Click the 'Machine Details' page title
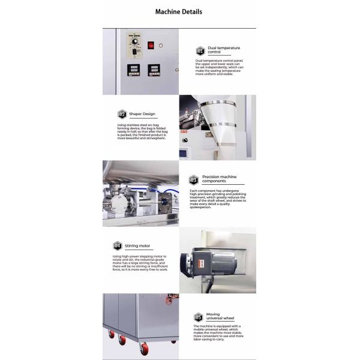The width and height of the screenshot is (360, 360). pyautogui.click(x=179, y=11)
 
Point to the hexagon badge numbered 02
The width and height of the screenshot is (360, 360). pyautogui.click(x=122, y=113)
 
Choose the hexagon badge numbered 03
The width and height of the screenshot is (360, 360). pyautogui.click(x=193, y=179)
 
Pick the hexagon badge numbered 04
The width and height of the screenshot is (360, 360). pyautogui.click(x=118, y=245)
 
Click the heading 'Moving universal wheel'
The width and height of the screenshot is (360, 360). pyautogui.click(x=221, y=316)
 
